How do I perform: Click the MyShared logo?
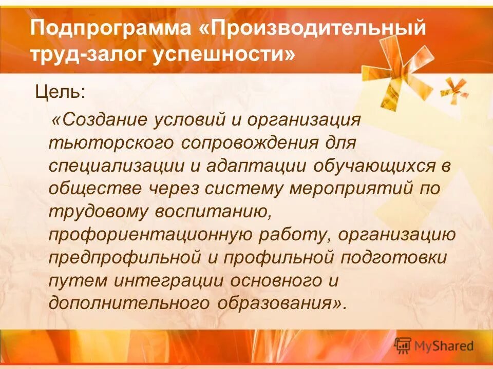coord(434,345)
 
